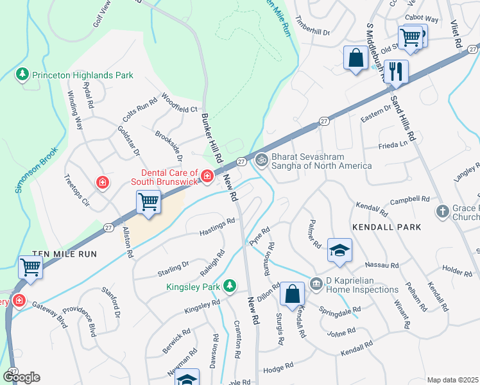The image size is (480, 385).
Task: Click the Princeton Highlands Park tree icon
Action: coord(23,75)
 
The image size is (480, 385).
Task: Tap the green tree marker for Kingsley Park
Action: coord(229,286)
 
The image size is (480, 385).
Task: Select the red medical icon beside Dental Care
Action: coord(207,175)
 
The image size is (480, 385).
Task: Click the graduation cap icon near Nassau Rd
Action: coord(339,250)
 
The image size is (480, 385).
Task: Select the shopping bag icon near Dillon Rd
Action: coord(292,295)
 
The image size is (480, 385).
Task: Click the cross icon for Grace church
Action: coord(442,211)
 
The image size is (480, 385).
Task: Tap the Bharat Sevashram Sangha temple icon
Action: coord(262,160)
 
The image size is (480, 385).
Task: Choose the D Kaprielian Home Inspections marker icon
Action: coord(316,283)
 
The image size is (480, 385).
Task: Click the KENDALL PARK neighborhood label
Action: coord(386,227)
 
